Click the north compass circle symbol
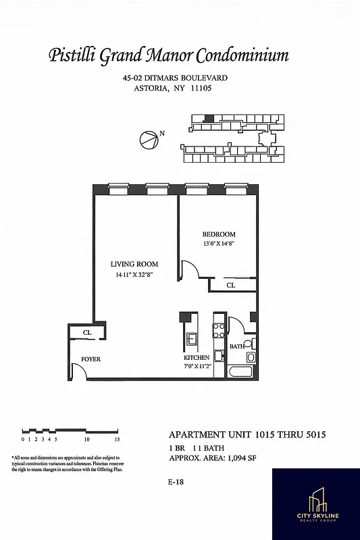pos(148,140)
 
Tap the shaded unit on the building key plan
pos(209,118)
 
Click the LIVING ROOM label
pos(134,264)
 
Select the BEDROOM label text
pos(220,234)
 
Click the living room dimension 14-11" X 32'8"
pos(134,275)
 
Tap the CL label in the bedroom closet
pos(230,286)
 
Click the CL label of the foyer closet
pos(87,333)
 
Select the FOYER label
pos(91,359)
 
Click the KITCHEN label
pos(197,358)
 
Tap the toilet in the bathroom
pos(250,356)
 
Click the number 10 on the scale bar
pos(87,439)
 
